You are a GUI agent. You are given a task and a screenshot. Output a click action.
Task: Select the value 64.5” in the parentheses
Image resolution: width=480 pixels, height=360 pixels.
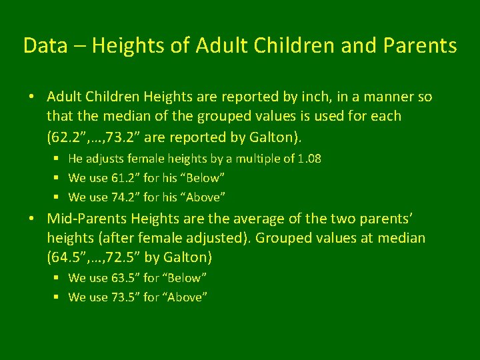coord(69,257)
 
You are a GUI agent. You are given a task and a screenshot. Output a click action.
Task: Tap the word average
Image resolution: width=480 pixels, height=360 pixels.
coord(243,219)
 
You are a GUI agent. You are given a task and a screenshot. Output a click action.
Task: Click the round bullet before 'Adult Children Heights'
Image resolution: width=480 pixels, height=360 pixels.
coord(32,97)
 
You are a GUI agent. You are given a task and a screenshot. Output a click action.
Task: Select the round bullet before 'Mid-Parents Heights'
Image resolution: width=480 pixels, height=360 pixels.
coord(32,219)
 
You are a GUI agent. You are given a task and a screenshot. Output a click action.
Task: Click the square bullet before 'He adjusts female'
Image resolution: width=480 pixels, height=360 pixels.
coord(58,159)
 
